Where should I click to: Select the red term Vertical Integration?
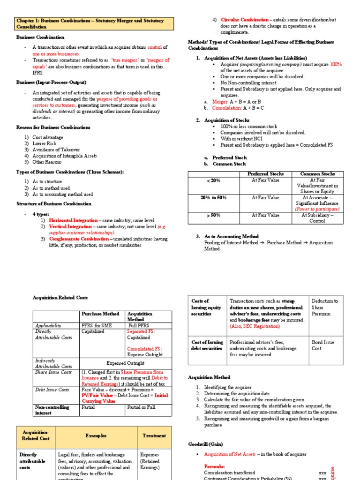71,226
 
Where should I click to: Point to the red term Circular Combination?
245,20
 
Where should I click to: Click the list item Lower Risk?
45,143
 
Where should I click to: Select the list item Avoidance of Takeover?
54,150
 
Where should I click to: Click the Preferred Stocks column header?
265,174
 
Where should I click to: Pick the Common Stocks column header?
317,174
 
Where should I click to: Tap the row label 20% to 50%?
213,197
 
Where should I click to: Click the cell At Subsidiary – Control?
317,218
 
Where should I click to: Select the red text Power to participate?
317,209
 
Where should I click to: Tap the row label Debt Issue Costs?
52,390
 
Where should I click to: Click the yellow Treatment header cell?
154,435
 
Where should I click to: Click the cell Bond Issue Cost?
323,345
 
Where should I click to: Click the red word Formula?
215,467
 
